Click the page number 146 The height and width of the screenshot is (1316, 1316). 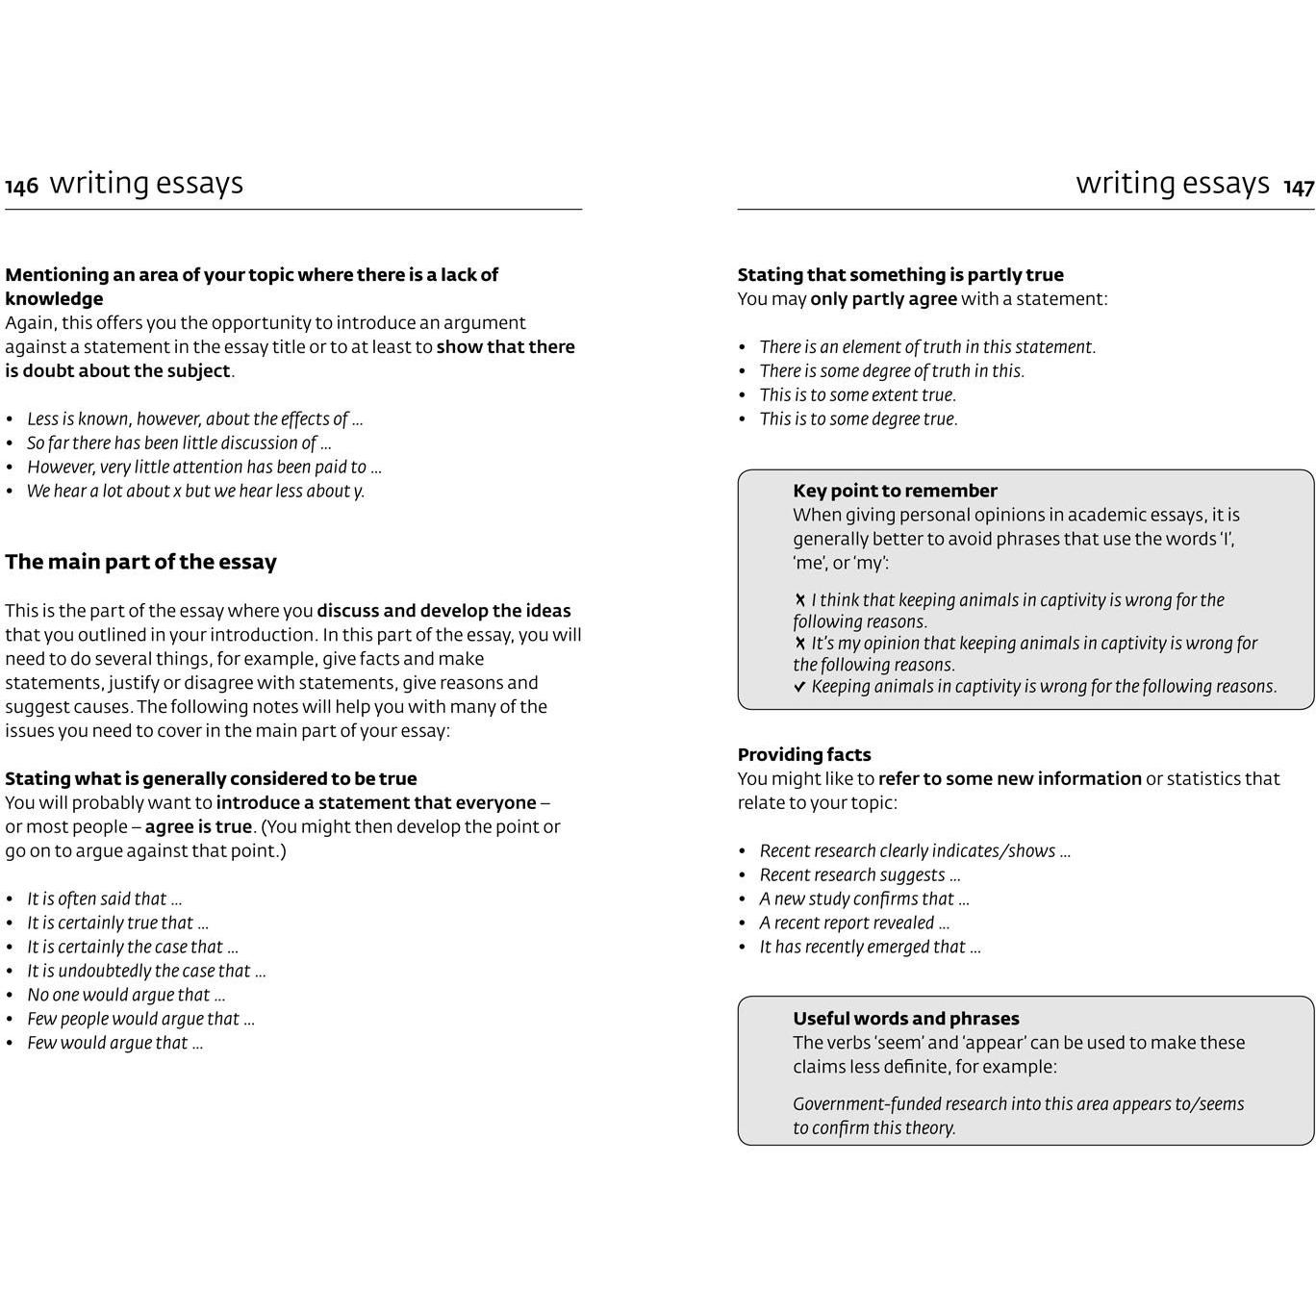21,187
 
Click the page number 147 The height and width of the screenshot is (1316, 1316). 1299,187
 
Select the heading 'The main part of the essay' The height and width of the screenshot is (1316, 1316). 140,562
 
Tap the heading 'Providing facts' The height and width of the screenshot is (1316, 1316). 804,755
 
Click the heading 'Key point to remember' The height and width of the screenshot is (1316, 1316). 895,491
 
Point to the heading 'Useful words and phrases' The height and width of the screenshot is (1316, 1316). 905,1019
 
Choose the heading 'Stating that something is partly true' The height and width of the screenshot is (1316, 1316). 900,275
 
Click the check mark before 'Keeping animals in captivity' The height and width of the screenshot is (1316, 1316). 799,687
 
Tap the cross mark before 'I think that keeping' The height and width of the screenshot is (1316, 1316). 799,600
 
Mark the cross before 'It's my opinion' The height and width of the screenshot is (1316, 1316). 799,644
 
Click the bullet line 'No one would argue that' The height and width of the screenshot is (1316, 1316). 126,996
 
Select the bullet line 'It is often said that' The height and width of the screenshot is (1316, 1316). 104,899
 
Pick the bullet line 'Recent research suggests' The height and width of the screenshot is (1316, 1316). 859,875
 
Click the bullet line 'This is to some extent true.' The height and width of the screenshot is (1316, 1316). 857,395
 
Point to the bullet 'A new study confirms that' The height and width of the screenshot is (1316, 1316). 864,899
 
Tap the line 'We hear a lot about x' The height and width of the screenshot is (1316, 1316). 195,492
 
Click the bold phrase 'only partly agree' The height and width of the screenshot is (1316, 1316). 883,299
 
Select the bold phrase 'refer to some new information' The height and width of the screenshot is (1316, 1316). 1009,779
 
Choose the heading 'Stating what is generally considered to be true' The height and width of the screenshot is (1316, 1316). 211,779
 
